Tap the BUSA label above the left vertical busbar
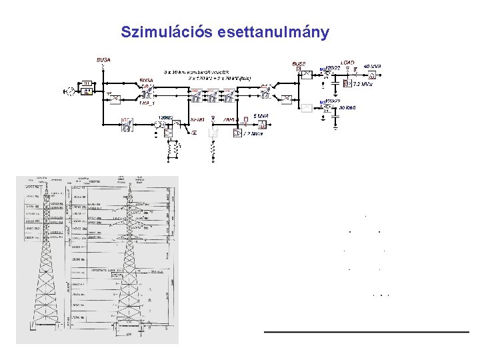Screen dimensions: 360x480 tap(103, 60)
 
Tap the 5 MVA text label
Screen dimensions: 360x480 tap(261, 116)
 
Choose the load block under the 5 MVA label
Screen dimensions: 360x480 tap(262, 124)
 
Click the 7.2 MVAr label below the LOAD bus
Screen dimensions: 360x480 tap(364, 85)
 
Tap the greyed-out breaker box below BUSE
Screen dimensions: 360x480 tap(307, 107)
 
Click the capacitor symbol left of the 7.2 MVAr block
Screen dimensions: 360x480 tap(335, 83)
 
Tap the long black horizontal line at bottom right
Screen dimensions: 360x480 tap(366, 331)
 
